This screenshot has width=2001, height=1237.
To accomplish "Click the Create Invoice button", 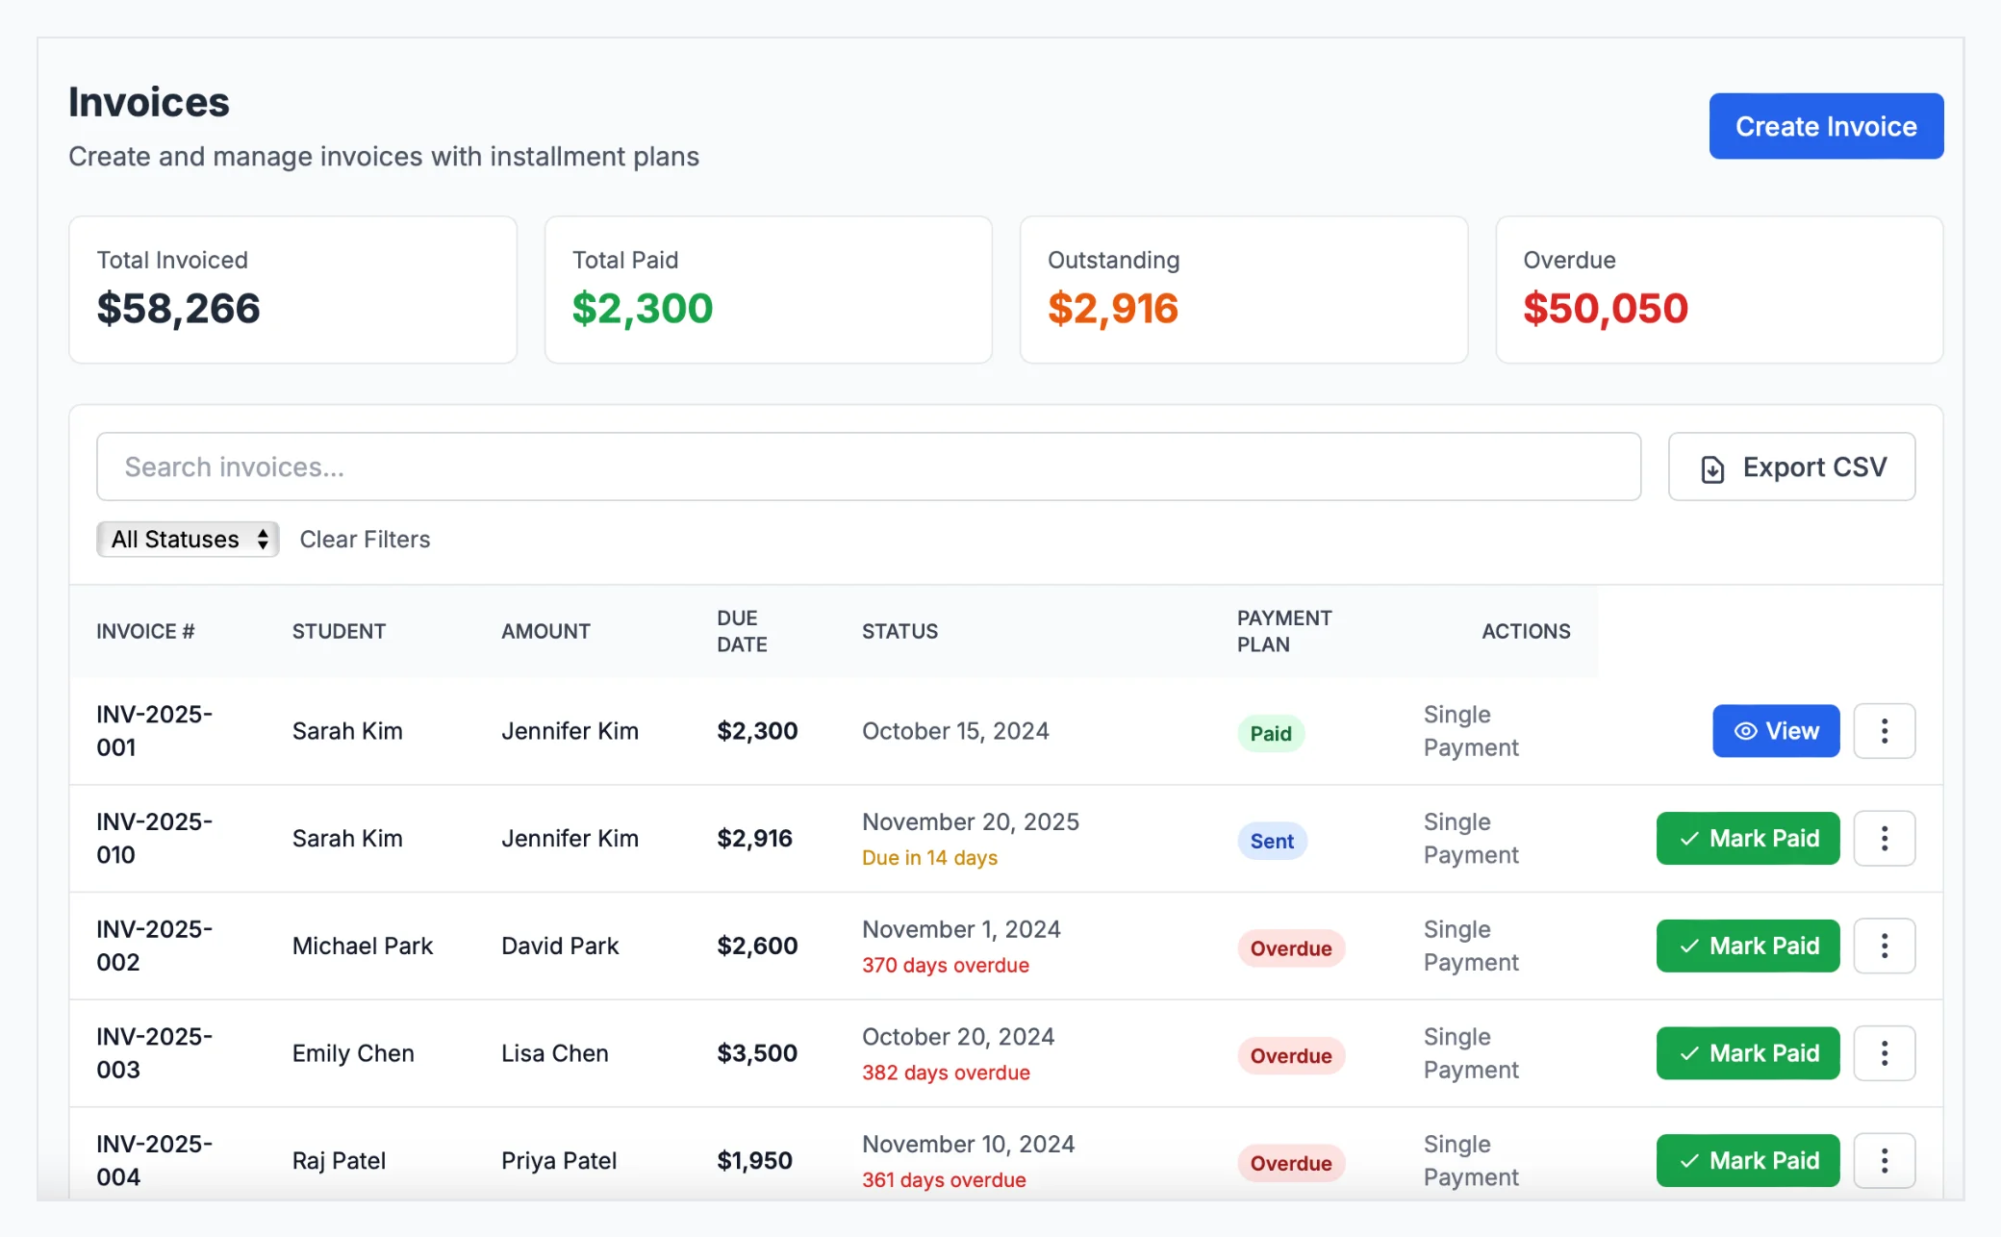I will (1825, 126).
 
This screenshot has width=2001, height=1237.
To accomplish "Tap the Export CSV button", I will (1791, 467).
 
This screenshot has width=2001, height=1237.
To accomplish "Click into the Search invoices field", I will (868, 467).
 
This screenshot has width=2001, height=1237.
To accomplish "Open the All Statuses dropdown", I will (188, 540).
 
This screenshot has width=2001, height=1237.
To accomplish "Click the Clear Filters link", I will (365, 540).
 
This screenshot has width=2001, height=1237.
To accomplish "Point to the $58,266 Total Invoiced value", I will (178, 309).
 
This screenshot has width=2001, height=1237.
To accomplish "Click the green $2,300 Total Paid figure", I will (642, 309).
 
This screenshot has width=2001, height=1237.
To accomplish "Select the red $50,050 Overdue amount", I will (1605, 309).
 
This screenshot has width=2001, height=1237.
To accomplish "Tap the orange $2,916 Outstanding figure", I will (1112, 309).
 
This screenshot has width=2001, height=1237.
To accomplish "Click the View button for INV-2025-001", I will (1775, 731).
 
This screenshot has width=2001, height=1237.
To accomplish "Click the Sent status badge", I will (1271, 842).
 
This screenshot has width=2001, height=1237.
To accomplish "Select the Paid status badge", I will (1270, 734).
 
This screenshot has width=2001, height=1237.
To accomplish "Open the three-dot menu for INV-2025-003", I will (1883, 1053).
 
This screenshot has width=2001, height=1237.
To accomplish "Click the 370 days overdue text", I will (945, 966).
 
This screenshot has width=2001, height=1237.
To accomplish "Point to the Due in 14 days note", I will (928, 858).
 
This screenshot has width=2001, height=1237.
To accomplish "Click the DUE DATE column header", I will (741, 631).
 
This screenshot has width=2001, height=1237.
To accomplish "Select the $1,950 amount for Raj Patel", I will (754, 1161).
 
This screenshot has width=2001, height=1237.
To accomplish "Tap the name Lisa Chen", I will (554, 1053).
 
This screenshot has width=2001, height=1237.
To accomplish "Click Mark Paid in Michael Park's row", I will (1747, 947).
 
